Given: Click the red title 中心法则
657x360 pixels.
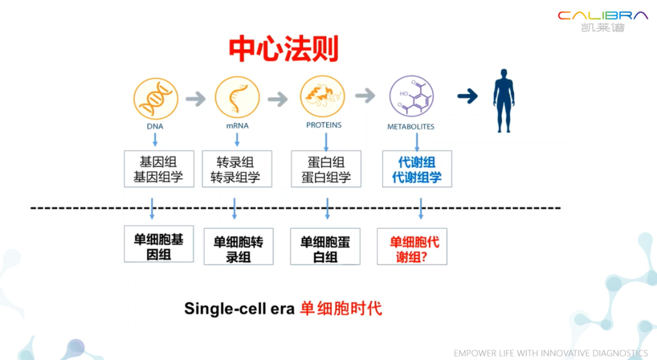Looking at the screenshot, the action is [x=283, y=49].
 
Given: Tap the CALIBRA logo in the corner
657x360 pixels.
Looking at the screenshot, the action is [x=602, y=21].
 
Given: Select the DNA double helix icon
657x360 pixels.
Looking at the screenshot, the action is [x=156, y=99].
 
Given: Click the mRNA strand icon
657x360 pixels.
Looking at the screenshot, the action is [x=237, y=98].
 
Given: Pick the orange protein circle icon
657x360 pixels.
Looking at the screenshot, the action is [x=322, y=97].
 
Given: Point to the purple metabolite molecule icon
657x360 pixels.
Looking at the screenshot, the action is [x=411, y=96].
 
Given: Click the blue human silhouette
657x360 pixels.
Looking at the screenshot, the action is [x=504, y=101].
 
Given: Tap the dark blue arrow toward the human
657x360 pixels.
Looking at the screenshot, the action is [x=468, y=96].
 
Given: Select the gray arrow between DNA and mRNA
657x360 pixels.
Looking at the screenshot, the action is [x=196, y=99].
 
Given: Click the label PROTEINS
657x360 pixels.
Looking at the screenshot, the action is [x=324, y=125].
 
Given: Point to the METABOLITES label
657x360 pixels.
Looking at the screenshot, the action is [x=411, y=126].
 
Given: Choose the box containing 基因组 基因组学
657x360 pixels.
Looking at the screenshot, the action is [x=159, y=169].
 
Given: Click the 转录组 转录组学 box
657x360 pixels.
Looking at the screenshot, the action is [x=237, y=169].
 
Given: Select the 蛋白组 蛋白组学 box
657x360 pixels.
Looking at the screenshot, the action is [x=326, y=169].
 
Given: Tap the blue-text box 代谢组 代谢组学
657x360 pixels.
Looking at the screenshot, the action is [x=417, y=169].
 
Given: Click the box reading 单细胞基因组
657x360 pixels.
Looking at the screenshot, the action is [x=159, y=244].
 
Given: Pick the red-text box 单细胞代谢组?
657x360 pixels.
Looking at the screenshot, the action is [x=412, y=246].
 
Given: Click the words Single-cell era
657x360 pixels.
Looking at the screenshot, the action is [x=239, y=309].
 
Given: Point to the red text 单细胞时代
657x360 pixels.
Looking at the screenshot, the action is [x=341, y=308].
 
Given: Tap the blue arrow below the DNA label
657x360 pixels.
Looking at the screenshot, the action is [x=155, y=139].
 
